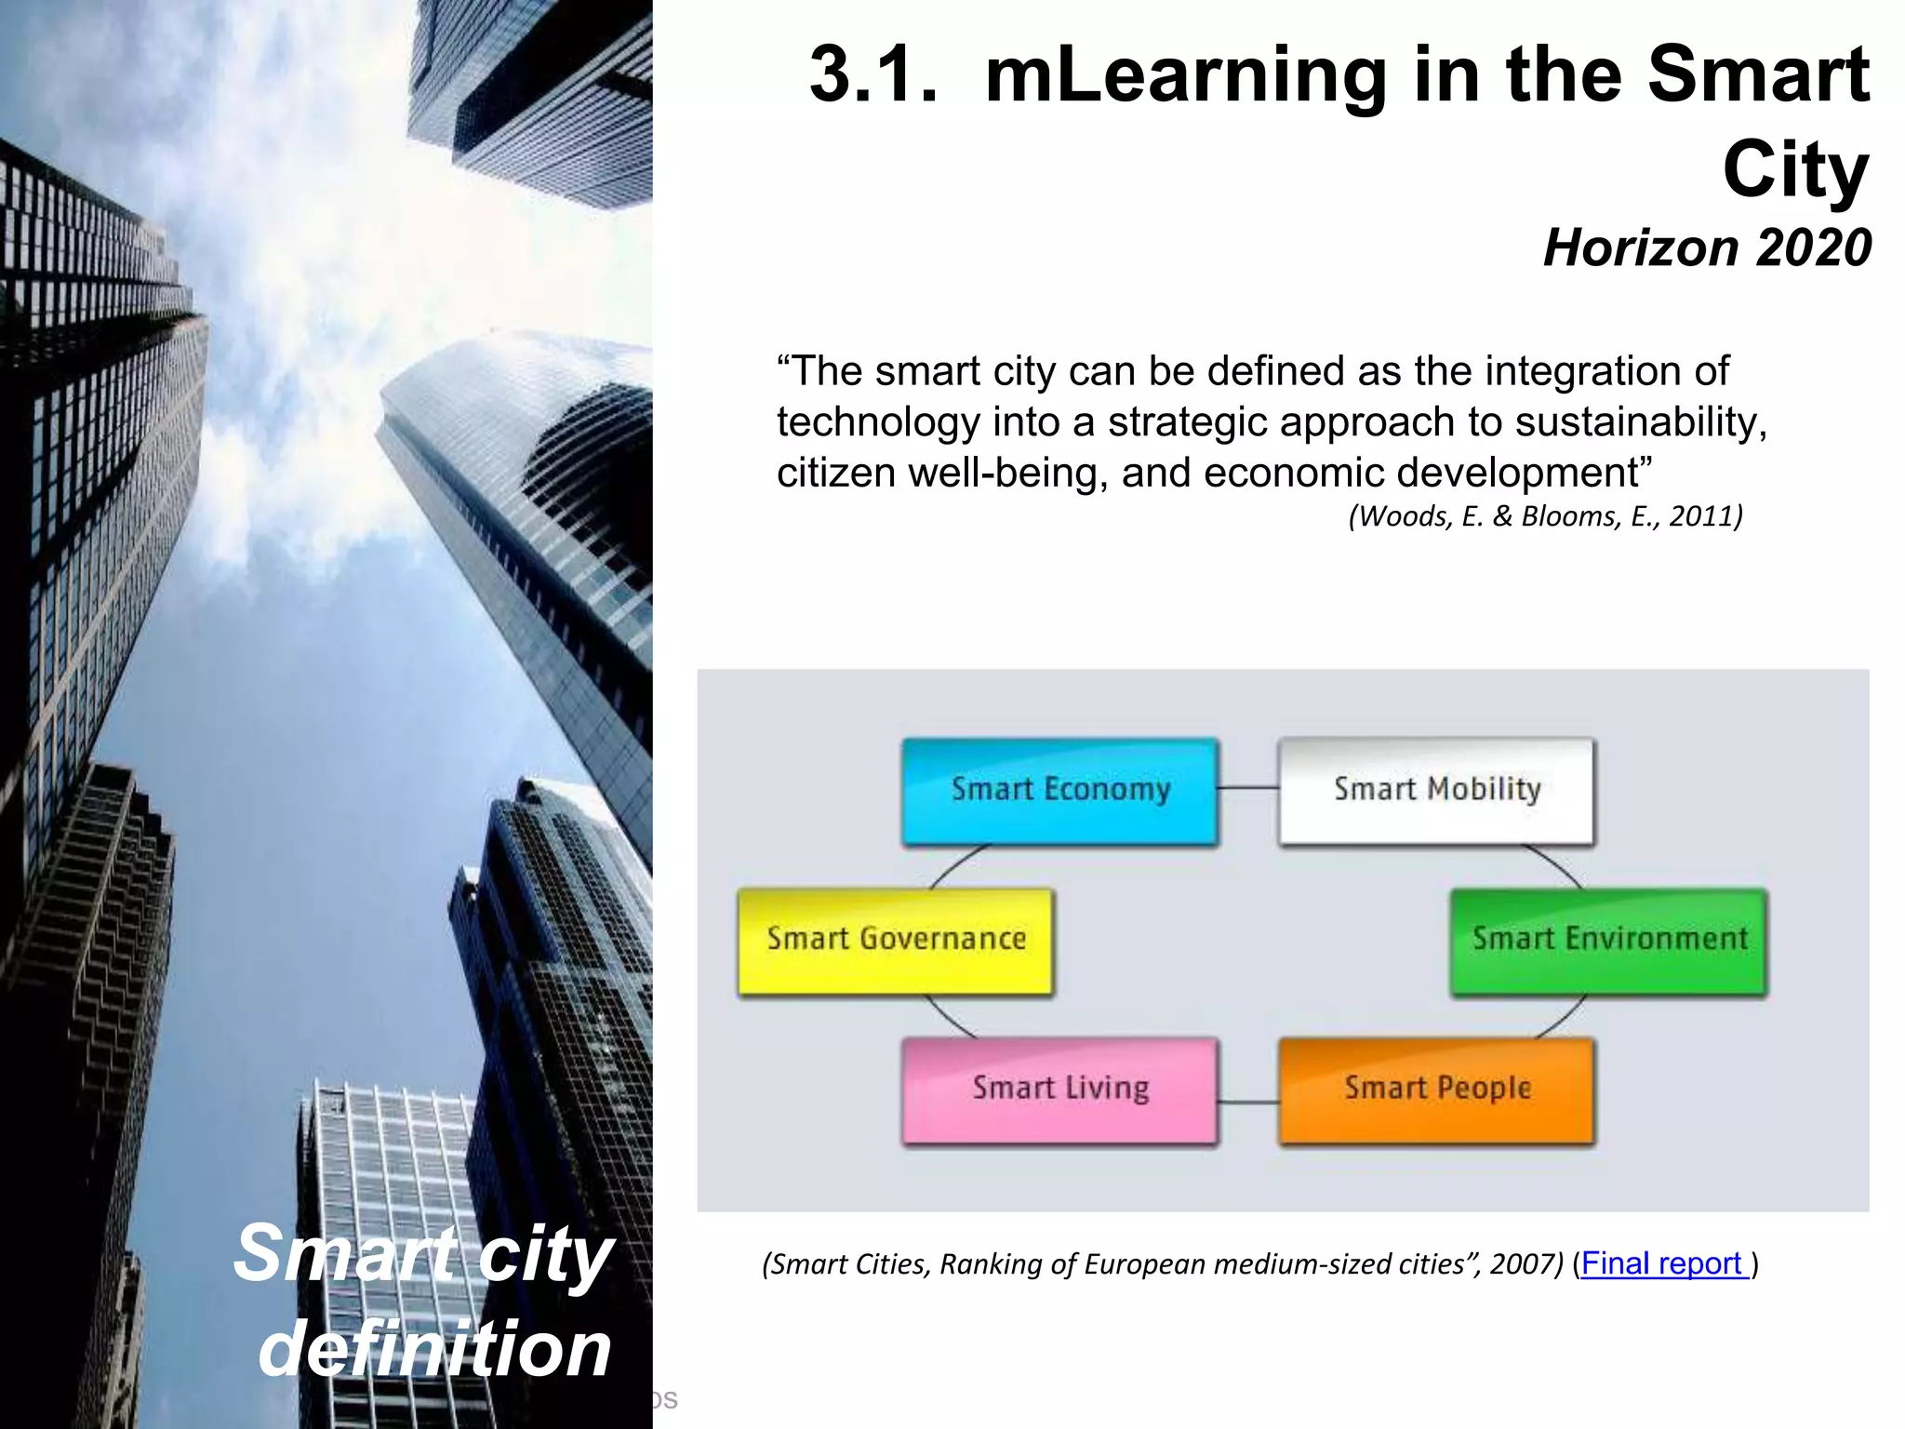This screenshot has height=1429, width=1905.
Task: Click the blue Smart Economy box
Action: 1059,791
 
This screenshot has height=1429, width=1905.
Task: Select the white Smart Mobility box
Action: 1436,791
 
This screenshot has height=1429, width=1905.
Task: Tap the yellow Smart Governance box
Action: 896,941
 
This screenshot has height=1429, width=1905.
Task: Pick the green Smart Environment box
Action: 1608,941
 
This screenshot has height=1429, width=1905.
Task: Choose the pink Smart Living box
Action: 1059,1089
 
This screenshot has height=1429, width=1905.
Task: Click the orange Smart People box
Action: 1436,1089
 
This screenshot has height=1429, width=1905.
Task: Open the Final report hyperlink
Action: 1661,1263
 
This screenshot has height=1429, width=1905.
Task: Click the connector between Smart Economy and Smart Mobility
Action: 1248,788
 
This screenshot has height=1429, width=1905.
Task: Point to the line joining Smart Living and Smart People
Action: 1248,1102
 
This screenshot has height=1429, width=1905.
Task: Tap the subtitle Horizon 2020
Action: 1707,248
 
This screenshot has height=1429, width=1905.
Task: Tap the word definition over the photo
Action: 435,1348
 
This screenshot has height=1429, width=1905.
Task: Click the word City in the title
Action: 1795,170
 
